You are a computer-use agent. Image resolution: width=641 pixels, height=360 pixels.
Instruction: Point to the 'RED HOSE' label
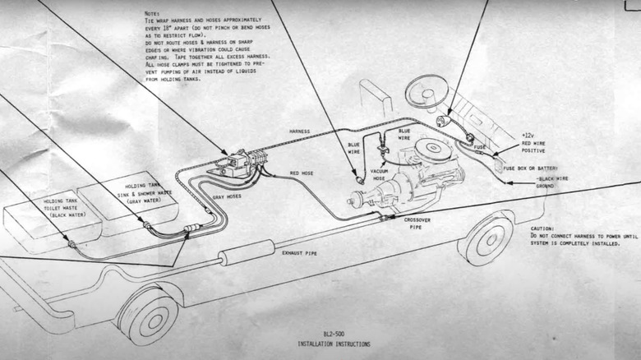pos(305,173)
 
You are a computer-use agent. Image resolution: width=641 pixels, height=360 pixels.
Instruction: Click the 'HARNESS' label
pos(300,132)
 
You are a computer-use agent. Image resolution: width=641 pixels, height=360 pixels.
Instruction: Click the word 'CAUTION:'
pos(542,228)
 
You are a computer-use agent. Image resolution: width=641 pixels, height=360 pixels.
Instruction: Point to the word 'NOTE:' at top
pos(151,14)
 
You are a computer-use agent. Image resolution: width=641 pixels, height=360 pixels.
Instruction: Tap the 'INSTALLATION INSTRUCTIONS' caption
pos(333,344)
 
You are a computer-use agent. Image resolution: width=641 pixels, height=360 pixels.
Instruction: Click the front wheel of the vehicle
pos(487,238)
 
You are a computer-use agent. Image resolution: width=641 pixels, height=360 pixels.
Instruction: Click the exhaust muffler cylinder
pos(247,252)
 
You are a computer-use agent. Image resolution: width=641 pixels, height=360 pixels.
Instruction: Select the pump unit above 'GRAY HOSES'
pos(233,164)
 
